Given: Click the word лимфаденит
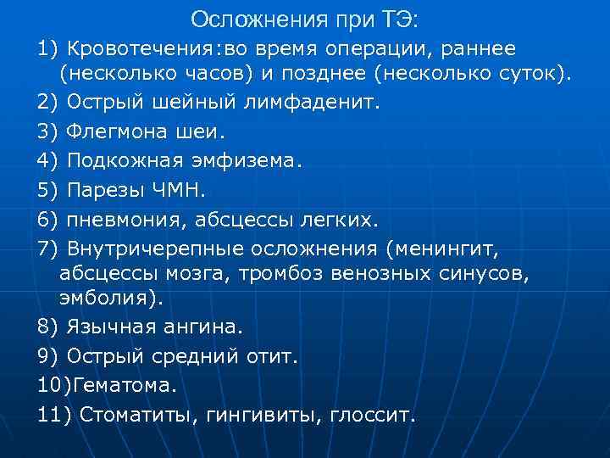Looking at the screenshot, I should [x=322, y=103].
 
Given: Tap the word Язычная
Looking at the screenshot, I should [x=109, y=327].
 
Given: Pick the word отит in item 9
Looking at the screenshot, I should [x=271, y=356].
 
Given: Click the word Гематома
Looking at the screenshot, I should [x=125, y=385].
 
